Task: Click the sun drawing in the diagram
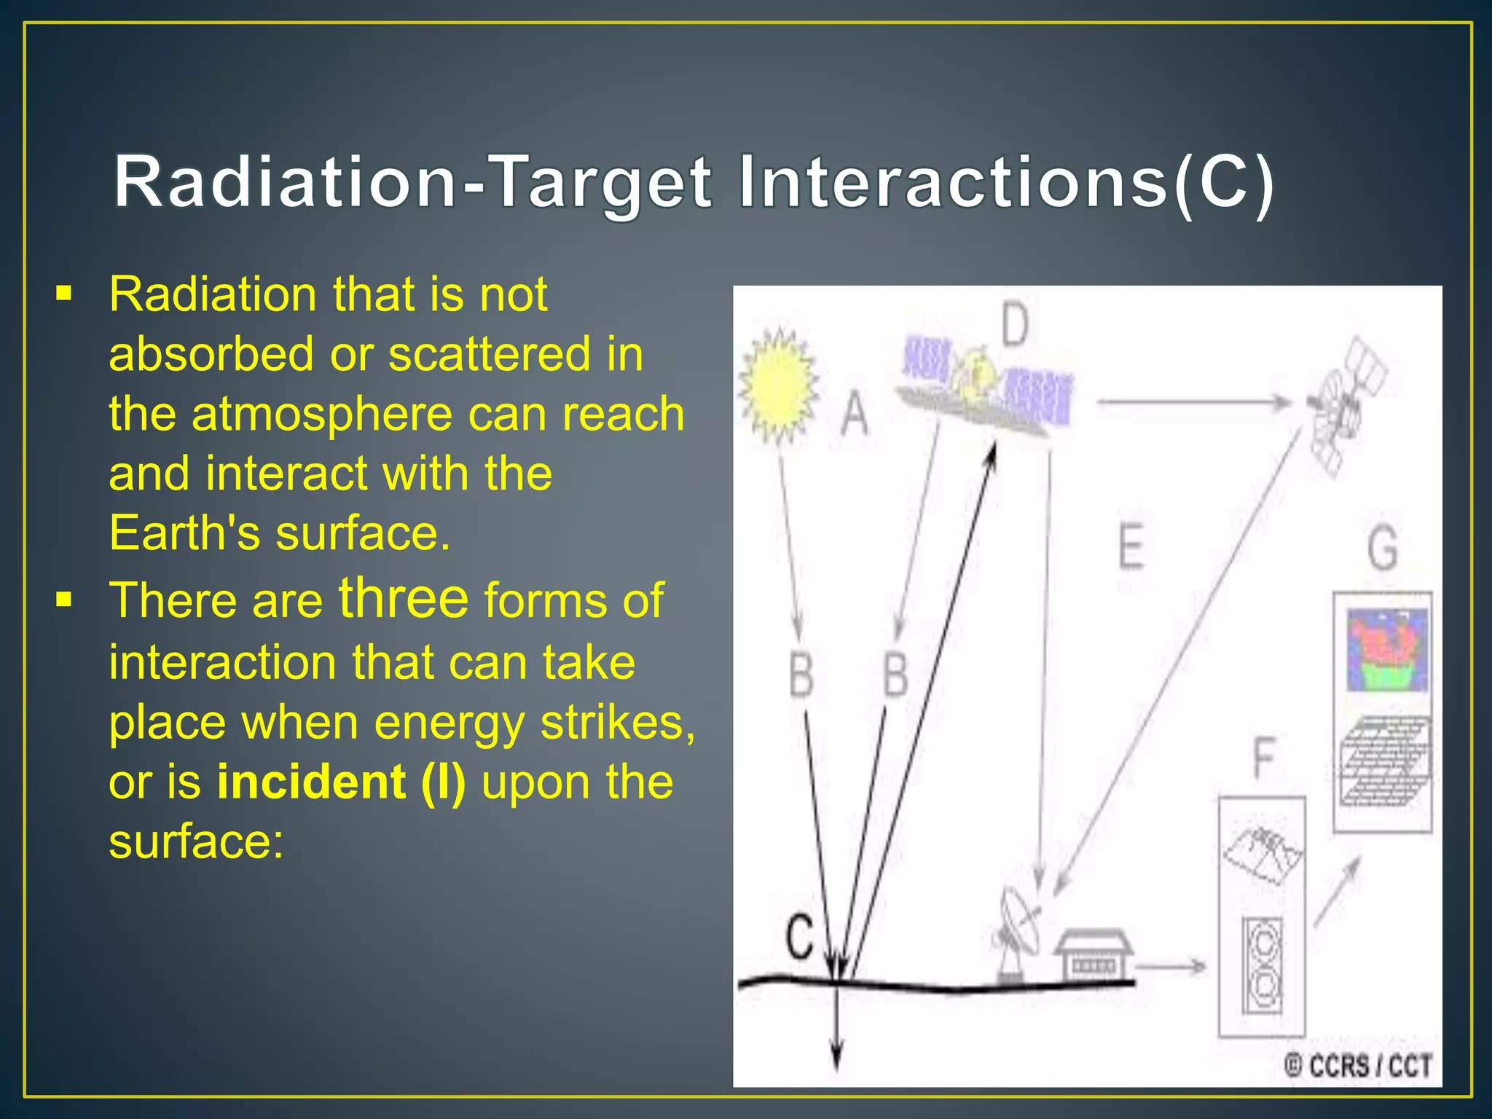click(x=777, y=385)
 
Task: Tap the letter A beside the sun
click(x=855, y=414)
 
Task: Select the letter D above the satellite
click(x=1015, y=325)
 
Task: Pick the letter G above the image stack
click(x=1382, y=548)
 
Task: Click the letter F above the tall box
click(x=1265, y=758)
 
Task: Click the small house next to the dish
click(x=1093, y=954)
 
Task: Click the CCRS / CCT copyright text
click(x=1358, y=1066)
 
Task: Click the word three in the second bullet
click(x=404, y=599)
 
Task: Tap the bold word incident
click(x=311, y=782)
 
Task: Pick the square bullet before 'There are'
click(x=64, y=600)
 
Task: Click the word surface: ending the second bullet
click(x=196, y=841)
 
